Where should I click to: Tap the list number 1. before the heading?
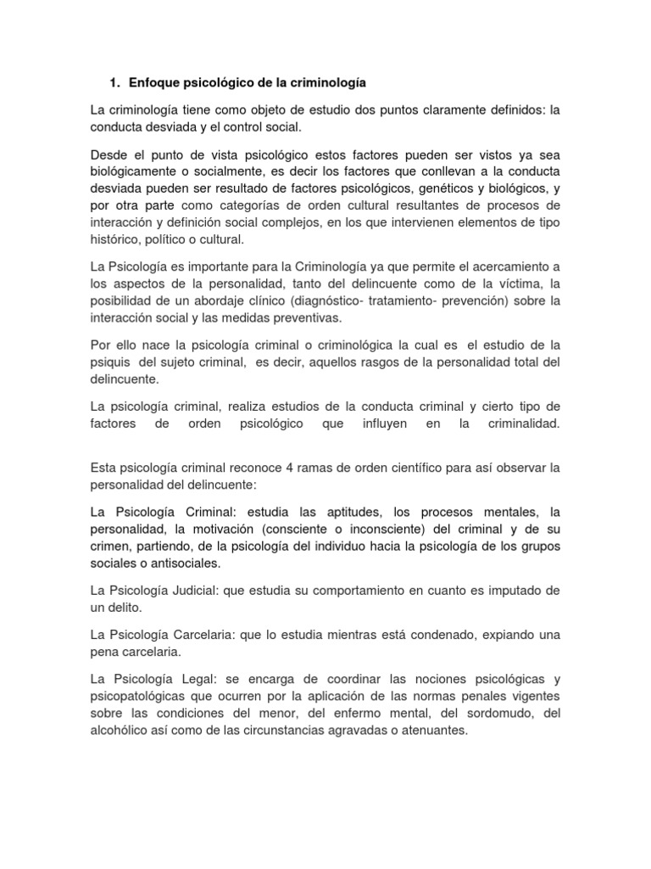pos(114,83)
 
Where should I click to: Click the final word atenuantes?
pos(433,730)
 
